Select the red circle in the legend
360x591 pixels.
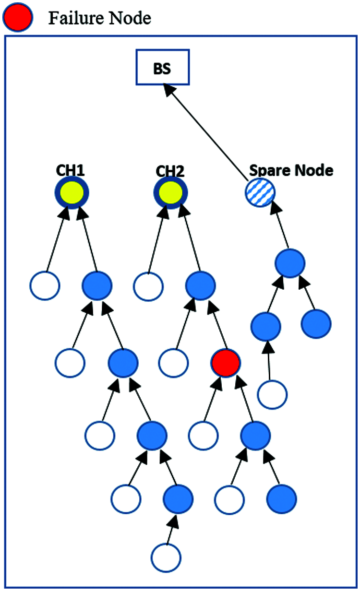click(17, 17)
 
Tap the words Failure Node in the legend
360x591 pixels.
click(99, 18)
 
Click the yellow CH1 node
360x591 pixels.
click(71, 193)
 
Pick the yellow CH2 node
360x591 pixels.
click(170, 193)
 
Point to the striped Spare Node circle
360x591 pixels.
click(259, 192)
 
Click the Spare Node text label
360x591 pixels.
click(291, 170)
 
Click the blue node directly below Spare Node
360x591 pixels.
click(290, 263)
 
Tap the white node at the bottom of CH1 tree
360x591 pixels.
click(166, 557)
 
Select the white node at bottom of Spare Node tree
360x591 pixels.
click(273, 394)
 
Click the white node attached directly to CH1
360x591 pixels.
click(45, 286)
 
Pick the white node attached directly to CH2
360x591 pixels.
click(147, 286)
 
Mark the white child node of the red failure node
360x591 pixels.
click(203, 435)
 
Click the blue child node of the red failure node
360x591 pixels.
click(254, 435)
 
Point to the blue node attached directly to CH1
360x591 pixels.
click(97, 286)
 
